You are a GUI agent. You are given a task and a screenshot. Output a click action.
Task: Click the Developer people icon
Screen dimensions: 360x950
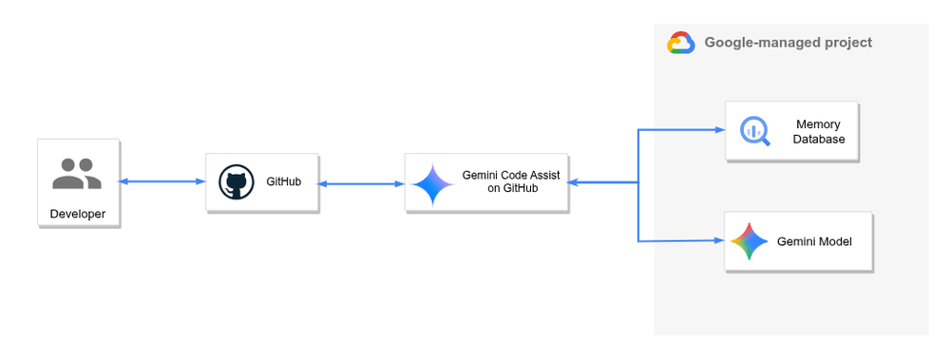click(77, 174)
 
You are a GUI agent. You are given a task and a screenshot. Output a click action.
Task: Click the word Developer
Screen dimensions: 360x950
click(78, 214)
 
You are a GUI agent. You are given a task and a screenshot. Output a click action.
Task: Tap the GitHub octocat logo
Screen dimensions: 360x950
click(236, 181)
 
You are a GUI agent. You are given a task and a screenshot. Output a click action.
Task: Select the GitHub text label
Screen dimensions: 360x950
click(284, 181)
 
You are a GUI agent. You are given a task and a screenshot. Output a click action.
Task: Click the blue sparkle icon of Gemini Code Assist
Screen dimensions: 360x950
click(432, 184)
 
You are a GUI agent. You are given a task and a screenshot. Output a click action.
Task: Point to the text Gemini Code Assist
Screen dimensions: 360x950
click(511, 175)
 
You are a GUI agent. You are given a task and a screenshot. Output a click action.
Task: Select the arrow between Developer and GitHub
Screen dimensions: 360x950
click(162, 180)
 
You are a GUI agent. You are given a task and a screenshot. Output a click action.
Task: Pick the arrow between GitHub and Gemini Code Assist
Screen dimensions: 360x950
click(360, 183)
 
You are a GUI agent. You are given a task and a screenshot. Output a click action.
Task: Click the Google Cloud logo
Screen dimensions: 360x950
click(680, 43)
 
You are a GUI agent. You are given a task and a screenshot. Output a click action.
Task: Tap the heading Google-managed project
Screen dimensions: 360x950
click(788, 43)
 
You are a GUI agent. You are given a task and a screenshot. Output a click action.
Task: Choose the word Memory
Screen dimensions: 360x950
click(818, 124)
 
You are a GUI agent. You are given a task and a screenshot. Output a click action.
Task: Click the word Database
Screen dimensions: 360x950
click(819, 140)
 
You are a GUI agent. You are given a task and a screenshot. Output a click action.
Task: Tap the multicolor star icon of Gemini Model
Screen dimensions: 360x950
click(749, 241)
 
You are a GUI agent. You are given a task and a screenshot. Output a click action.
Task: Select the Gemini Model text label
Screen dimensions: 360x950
click(814, 242)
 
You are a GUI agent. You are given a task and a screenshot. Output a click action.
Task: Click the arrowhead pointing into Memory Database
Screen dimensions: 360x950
click(719, 129)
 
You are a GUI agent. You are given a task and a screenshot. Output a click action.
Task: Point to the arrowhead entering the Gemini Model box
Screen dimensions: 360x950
click(719, 241)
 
